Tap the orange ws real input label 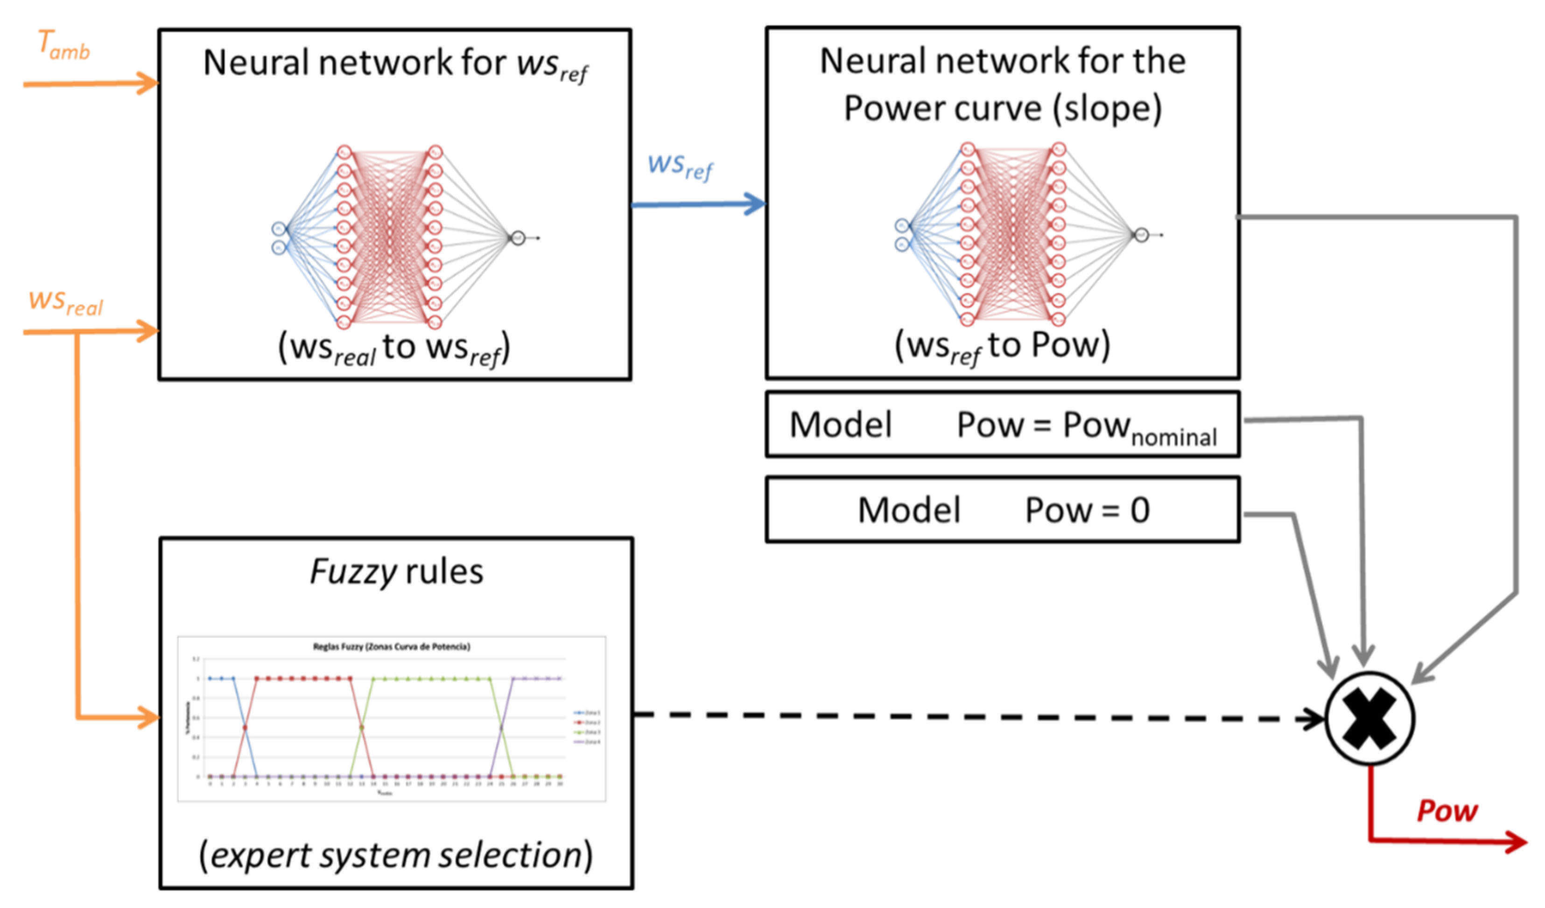click(x=66, y=303)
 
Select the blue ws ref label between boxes click(x=681, y=167)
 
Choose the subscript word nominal click(x=1173, y=438)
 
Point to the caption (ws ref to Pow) click(x=1003, y=346)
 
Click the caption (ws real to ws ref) click(x=394, y=348)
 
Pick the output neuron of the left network click(x=518, y=237)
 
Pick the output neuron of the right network click(x=1141, y=235)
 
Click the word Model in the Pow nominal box click(x=841, y=425)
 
